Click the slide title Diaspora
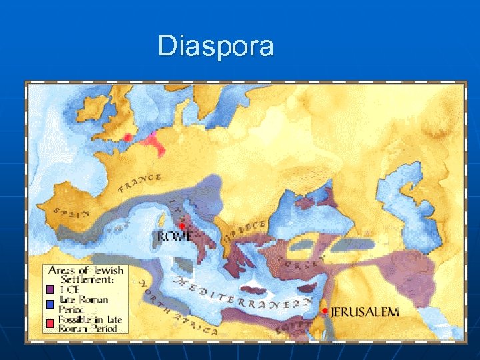pyautogui.click(x=215, y=47)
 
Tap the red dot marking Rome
pyautogui.click(x=181, y=225)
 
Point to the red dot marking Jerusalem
pyautogui.click(x=324, y=311)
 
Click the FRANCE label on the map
pyautogui.click(x=140, y=182)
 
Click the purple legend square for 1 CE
pyautogui.click(x=49, y=289)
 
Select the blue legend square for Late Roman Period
pyautogui.click(x=49, y=305)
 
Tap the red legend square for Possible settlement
pyautogui.click(x=49, y=323)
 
